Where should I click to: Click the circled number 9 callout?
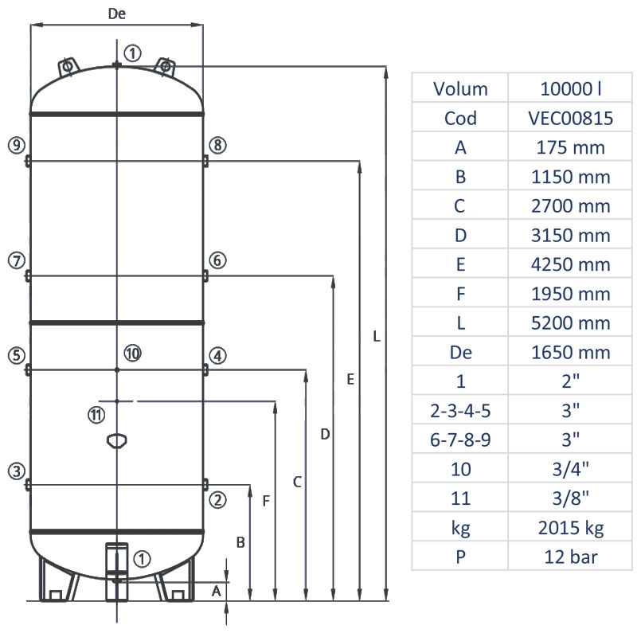[17, 145]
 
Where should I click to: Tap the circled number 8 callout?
[218, 145]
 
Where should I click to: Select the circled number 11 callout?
[96, 414]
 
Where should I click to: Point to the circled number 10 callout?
[132, 353]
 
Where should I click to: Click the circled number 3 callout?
[17, 471]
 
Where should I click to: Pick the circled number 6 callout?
[218, 260]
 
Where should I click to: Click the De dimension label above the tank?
[116, 14]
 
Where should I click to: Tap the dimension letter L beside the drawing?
[377, 337]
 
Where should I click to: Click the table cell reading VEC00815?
[570, 118]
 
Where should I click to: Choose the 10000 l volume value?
[570, 88]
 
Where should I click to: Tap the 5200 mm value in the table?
[570, 322]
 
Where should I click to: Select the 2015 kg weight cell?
[570, 527]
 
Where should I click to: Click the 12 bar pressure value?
[570, 557]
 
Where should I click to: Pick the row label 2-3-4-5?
[460, 410]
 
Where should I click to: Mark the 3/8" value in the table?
[570, 498]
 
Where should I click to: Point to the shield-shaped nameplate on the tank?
[116, 440]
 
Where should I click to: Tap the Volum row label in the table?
[460, 88]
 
